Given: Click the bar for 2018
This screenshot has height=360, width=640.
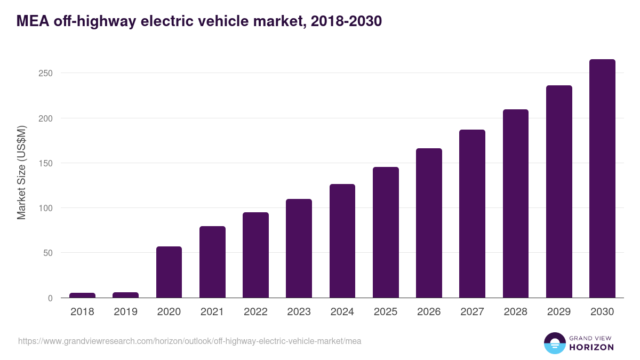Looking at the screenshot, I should coord(82,295).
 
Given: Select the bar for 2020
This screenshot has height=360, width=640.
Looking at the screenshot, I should coord(169,272).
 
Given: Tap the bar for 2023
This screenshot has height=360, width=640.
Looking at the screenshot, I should coord(299,248).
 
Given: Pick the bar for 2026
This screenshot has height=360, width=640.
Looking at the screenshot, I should coord(429,223).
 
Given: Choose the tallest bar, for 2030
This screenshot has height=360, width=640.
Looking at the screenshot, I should coord(602,179).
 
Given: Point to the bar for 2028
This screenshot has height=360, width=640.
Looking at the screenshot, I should coord(515,204).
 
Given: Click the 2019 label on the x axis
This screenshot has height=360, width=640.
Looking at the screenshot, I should coord(125,312).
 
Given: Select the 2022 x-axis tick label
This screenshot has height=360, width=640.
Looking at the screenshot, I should coord(255,312).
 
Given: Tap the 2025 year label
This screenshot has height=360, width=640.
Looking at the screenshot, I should coord(386,312).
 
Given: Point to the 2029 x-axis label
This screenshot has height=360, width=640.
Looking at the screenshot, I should coord(559,312).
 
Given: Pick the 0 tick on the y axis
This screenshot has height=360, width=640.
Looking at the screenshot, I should coord(50,298).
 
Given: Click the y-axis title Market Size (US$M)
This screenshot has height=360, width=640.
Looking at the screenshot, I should coord(21,172).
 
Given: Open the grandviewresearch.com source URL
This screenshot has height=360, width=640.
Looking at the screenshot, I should coord(189,341).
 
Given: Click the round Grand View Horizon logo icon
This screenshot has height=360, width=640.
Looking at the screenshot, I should coord(554,343).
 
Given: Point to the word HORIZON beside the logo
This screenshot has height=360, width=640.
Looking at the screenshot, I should coord(591,347).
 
